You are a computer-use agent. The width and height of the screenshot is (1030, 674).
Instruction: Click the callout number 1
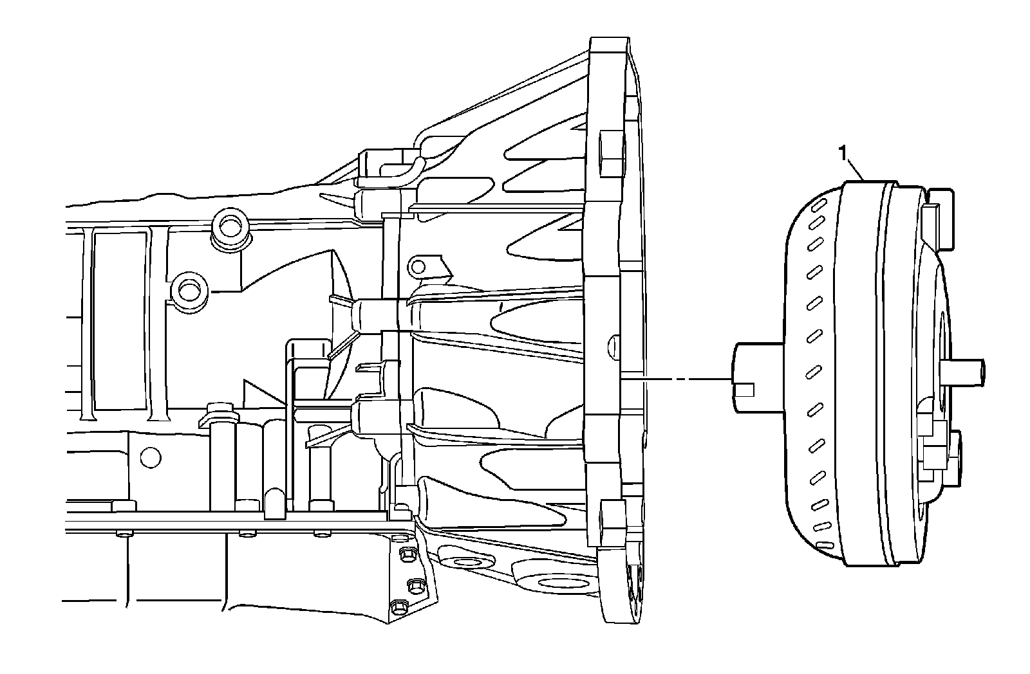(x=843, y=153)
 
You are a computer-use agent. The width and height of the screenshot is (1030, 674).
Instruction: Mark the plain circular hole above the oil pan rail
(x=150, y=457)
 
